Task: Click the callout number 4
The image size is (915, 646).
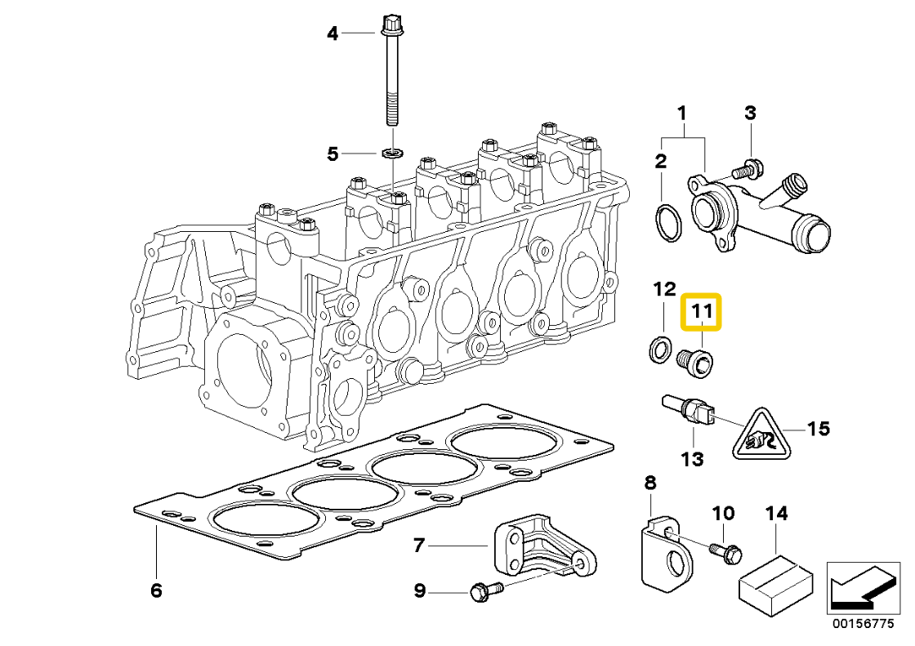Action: (333, 33)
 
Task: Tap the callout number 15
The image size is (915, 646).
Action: (819, 428)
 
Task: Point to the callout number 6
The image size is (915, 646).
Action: (156, 590)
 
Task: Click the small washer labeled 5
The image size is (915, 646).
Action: (392, 153)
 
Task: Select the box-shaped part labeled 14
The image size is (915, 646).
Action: (776, 581)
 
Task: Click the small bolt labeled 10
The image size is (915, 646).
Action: (725, 551)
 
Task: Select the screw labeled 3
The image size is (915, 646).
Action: (746, 171)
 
